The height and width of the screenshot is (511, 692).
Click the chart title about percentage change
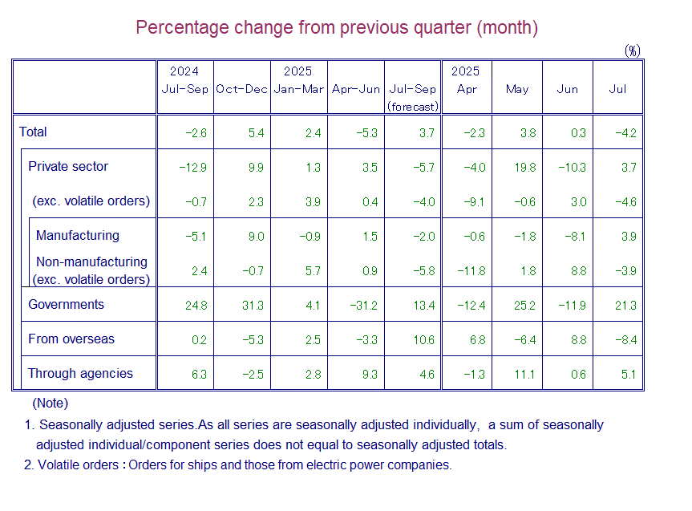click(337, 27)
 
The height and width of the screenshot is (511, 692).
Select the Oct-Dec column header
click(241, 89)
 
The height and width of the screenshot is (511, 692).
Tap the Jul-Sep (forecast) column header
click(412, 97)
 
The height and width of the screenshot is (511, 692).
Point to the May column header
click(517, 89)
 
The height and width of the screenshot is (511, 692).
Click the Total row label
click(34, 132)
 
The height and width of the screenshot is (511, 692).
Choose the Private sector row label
click(68, 167)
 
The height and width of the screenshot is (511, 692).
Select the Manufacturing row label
click(78, 236)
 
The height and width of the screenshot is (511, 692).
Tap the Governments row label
click(67, 305)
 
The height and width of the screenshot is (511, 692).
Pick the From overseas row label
click(71, 339)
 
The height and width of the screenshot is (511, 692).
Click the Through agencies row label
click(80, 374)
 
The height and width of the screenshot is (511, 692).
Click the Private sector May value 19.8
click(526, 168)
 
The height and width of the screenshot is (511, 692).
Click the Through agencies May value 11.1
click(526, 375)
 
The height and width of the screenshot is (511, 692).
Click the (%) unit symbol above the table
click(633, 51)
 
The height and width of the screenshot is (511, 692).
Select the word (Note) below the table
click(50, 404)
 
